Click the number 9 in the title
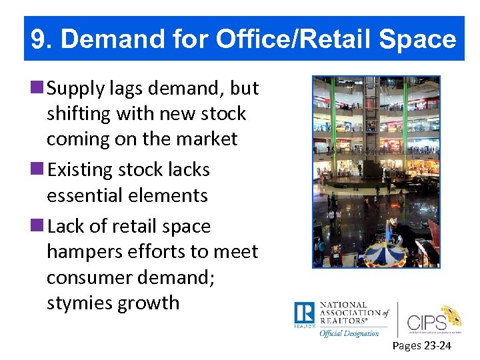tap(40, 40)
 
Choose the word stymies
tap(79, 303)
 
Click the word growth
tap(149, 303)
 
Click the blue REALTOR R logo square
tap(304, 313)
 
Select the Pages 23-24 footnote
tap(421, 345)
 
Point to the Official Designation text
tap(349, 333)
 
